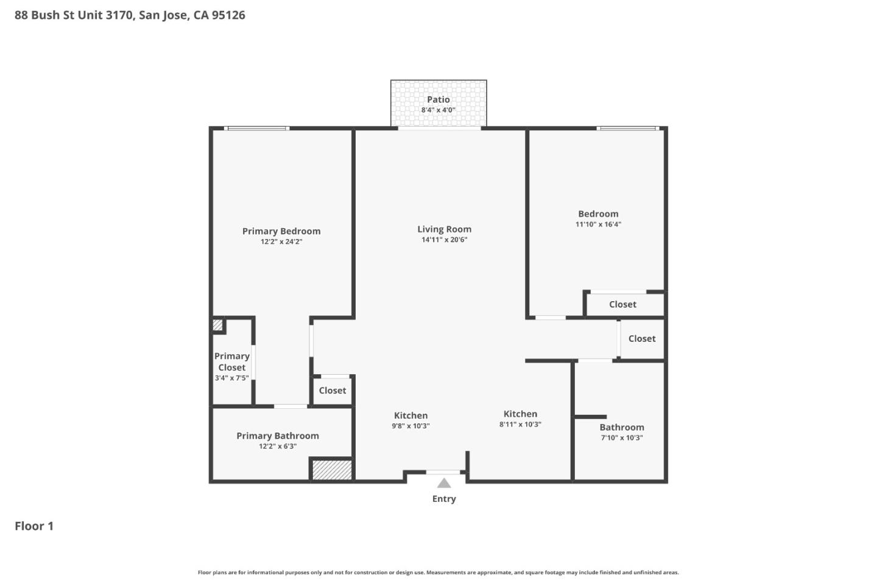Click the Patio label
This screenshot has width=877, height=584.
[x=438, y=100]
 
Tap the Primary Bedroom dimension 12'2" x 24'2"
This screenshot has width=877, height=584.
[x=281, y=242]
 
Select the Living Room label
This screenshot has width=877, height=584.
[x=444, y=229]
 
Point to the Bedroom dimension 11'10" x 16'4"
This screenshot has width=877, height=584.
[x=598, y=224]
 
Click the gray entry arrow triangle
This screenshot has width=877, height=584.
[x=444, y=483]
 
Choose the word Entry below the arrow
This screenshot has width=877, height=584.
[x=444, y=499]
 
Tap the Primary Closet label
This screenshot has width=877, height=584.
[x=232, y=361]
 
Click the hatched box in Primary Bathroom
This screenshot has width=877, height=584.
[x=332, y=470]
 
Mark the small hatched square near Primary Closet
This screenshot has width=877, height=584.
[x=217, y=325]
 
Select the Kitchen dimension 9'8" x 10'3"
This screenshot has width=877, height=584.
[x=410, y=426]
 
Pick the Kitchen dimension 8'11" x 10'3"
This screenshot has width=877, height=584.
[x=520, y=425]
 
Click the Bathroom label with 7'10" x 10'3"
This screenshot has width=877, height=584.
[x=622, y=428]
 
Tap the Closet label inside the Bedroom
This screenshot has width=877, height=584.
[x=622, y=304]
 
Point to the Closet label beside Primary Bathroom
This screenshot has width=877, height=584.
[x=332, y=391]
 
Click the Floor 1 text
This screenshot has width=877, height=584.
[x=34, y=526]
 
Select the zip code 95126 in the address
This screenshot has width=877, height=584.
[x=228, y=15]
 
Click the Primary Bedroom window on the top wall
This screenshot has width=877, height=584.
[x=256, y=128]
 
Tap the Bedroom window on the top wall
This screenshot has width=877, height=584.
[x=627, y=128]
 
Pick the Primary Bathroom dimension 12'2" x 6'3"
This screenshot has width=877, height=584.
[x=278, y=447]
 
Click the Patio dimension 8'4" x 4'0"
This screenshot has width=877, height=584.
[x=438, y=110]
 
